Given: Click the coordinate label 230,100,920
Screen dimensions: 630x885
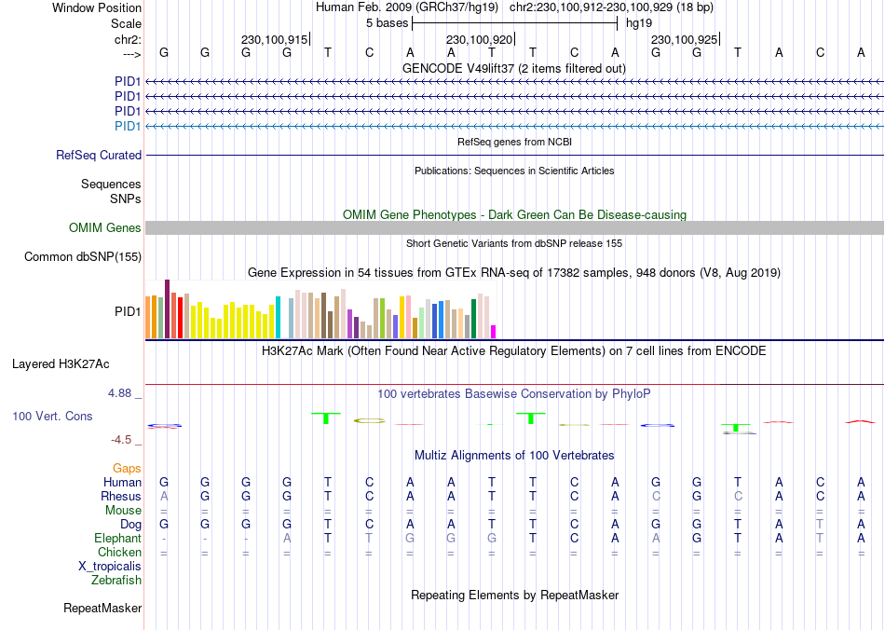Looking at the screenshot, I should [479, 40].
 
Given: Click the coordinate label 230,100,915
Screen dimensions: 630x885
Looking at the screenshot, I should [274, 40].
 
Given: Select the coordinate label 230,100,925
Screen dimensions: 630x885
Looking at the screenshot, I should [684, 40].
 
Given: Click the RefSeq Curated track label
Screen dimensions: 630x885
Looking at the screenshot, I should [99, 156].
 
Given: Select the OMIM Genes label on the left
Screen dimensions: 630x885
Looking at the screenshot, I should [105, 228].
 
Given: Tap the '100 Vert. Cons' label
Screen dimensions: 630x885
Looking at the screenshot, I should [52, 416].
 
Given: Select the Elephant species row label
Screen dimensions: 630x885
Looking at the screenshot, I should [117, 539].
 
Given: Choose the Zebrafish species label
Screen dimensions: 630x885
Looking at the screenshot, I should [116, 581].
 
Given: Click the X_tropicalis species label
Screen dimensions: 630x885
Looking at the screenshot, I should [110, 567].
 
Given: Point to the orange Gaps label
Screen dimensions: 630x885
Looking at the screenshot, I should [127, 469].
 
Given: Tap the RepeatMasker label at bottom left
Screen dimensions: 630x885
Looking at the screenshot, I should [102, 609].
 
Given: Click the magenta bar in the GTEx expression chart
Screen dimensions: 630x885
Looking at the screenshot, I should [494, 331].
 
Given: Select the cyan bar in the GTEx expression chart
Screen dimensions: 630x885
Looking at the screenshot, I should [279, 317].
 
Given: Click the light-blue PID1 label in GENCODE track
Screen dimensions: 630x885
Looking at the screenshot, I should [128, 126].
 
